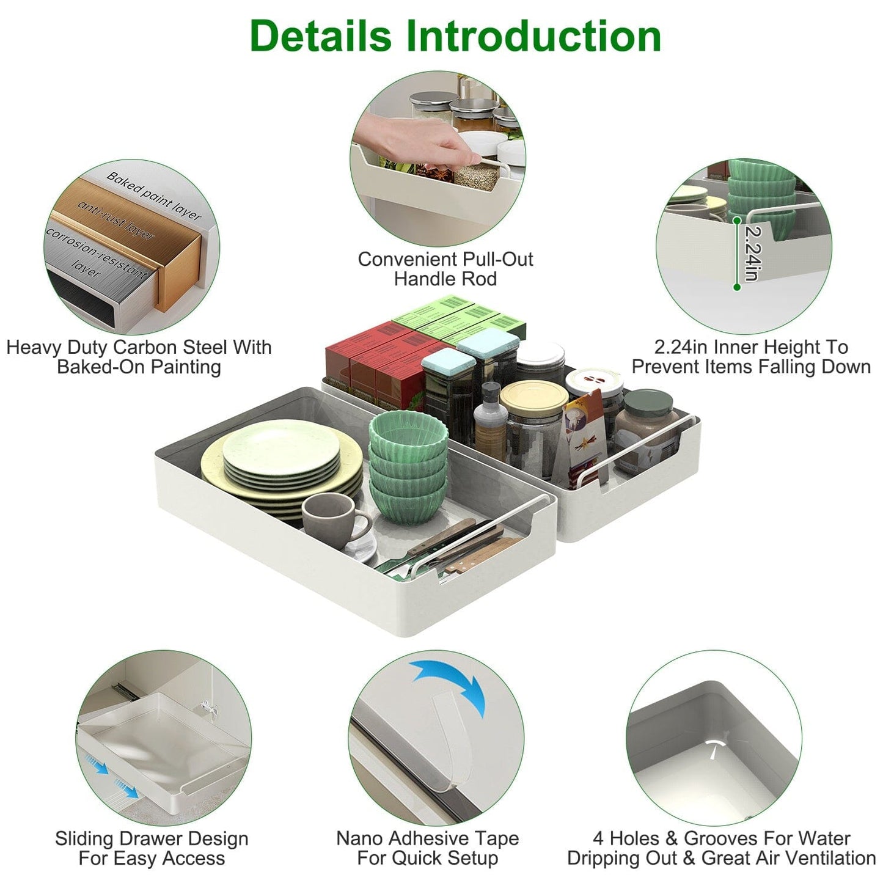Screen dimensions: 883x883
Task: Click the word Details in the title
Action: click(320, 36)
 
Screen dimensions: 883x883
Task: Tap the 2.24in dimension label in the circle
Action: click(753, 254)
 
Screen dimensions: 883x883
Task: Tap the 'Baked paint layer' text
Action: click(153, 196)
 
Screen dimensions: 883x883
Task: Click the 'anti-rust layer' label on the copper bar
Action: click(116, 221)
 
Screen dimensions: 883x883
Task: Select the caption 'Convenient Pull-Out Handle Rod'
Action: click(445, 269)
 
